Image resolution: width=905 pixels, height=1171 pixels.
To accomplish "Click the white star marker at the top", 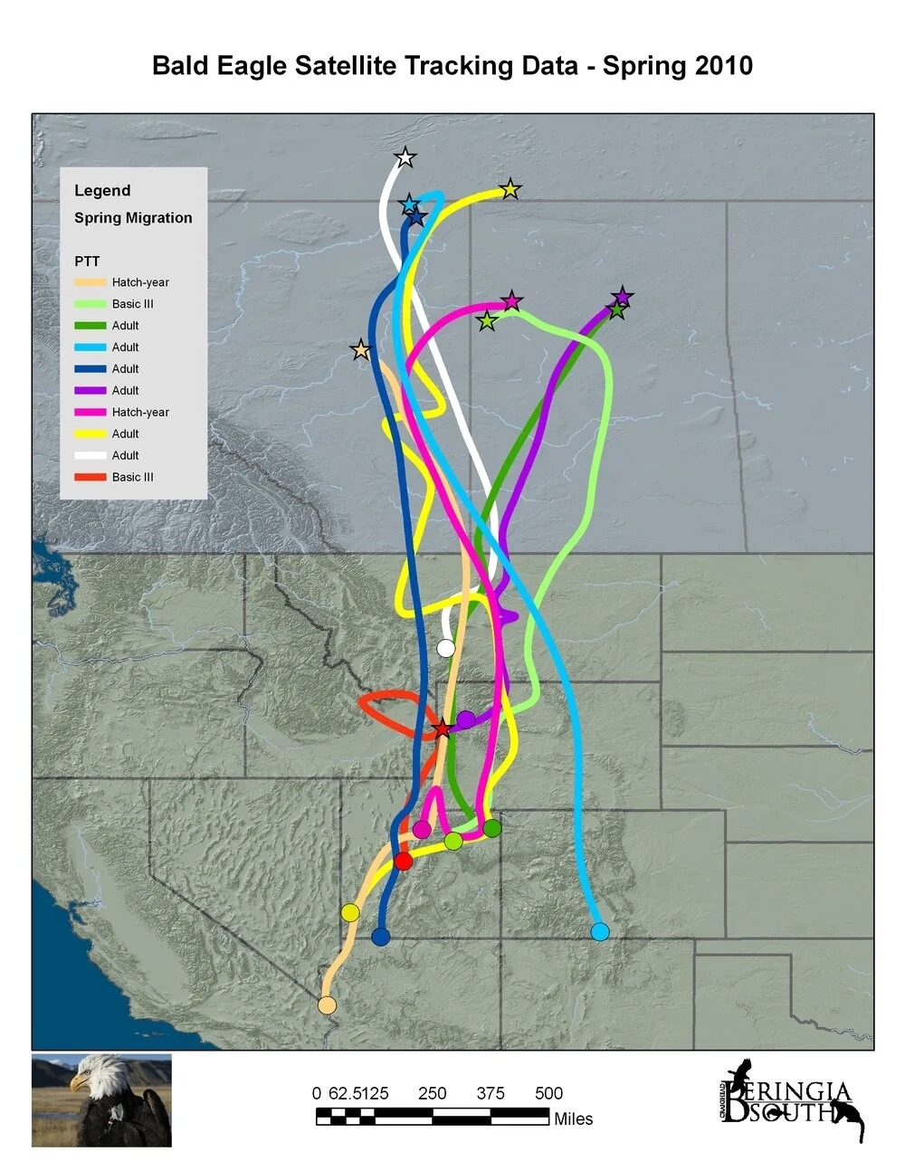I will [x=405, y=158].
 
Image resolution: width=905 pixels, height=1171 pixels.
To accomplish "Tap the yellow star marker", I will [x=510, y=189].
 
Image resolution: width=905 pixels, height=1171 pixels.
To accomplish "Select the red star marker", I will [x=442, y=729].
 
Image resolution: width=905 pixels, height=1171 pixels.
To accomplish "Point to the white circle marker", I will [x=445, y=648].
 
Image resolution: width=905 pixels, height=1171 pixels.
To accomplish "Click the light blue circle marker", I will [x=599, y=932].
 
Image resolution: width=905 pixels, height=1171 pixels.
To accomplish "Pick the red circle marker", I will [x=404, y=861].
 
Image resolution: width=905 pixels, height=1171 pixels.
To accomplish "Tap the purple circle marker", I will [x=466, y=719].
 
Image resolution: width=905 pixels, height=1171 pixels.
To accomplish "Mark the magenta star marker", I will [x=512, y=300].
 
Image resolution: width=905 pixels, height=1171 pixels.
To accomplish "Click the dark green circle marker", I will [x=492, y=828].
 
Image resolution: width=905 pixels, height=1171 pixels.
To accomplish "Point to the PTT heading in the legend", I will [x=87, y=261].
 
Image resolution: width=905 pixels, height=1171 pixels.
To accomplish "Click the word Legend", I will [x=102, y=190].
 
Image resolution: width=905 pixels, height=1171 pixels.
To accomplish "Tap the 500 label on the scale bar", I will [x=548, y=1093].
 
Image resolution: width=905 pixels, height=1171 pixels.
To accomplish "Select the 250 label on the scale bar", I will [x=432, y=1093].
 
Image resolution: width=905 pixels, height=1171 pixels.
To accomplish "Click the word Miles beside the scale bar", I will [x=573, y=1119].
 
